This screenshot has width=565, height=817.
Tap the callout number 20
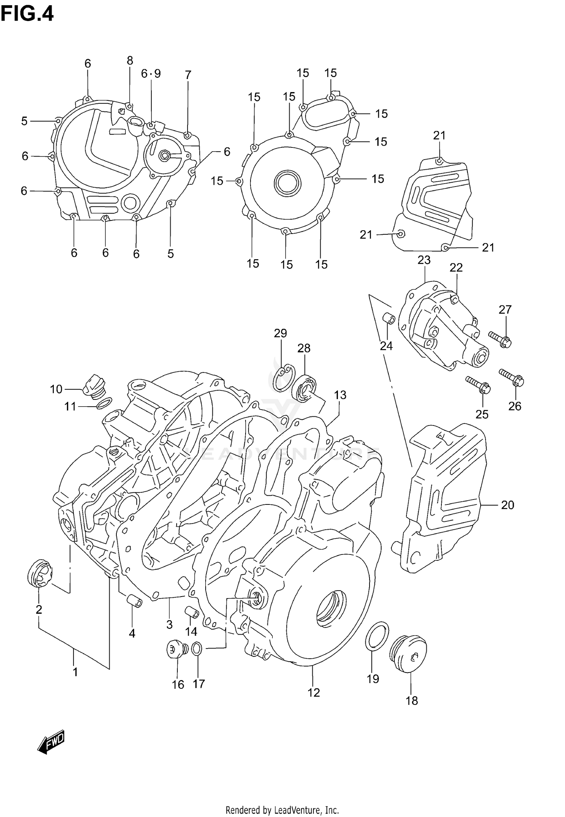click(x=507, y=505)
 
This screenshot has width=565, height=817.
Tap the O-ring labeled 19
click(x=377, y=635)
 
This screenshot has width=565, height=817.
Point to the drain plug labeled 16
click(x=174, y=649)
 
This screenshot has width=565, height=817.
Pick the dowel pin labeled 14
click(x=191, y=612)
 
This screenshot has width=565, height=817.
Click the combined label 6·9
click(x=151, y=74)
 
